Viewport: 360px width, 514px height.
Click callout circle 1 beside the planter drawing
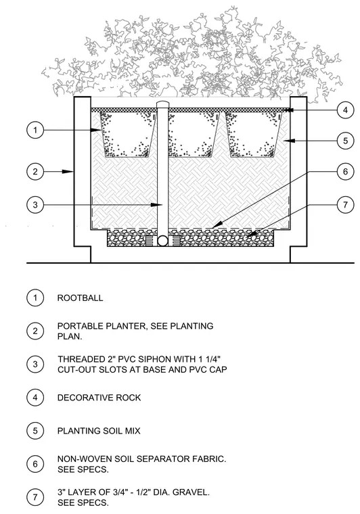[x=35, y=130]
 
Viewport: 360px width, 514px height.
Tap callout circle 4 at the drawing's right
[x=346, y=110]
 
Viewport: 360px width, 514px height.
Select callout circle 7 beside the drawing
[x=346, y=205]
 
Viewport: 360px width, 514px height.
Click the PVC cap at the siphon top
[x=162, y=104]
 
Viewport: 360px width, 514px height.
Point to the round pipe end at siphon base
[x=162, y=241]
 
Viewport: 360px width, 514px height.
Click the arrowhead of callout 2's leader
[x=67, y=171]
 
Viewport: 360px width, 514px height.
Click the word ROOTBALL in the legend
[x=80, y=298]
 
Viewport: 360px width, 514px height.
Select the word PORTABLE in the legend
[x=76, y=326]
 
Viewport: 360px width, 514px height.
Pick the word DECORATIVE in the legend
[x=80, y=398]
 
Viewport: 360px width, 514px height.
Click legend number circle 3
[x=35, y=364]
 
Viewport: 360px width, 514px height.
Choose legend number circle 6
[x=35, y=464]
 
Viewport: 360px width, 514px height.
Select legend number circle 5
[x=35, y=431]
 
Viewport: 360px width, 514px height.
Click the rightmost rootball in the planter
[x=254, y=135]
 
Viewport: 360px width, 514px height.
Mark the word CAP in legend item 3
[x=219, y=370]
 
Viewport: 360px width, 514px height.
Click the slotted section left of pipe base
[x=151, y=241]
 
